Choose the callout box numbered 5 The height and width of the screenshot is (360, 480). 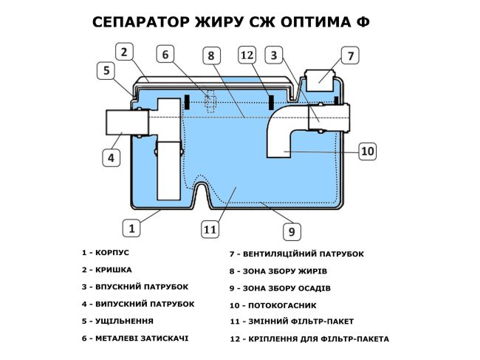point(107,70)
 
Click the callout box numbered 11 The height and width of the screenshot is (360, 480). point(210,229)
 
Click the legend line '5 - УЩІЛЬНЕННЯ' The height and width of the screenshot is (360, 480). point(118,321)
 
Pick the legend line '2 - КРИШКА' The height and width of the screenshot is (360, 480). point(107,270)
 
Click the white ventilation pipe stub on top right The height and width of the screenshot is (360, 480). point(319,78)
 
